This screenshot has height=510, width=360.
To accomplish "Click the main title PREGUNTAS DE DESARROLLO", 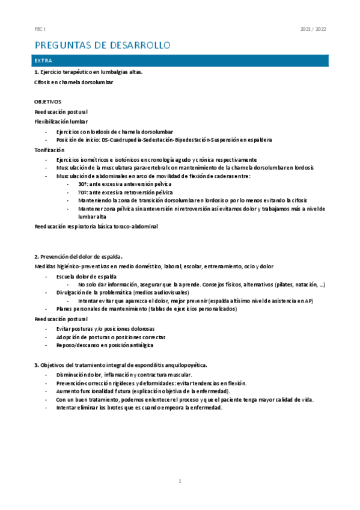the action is [103, 46].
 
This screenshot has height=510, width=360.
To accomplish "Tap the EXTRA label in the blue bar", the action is [44, 61].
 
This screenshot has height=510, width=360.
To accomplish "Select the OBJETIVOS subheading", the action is [48, 102].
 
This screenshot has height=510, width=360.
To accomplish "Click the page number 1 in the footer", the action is [180, 481].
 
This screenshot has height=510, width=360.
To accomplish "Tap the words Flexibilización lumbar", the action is [61, 121].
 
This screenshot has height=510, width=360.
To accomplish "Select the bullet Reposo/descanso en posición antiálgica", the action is [105, 345].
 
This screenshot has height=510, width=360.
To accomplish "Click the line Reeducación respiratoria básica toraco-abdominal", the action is [96, 226].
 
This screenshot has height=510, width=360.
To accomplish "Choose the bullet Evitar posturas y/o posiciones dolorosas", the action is [105, 328].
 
